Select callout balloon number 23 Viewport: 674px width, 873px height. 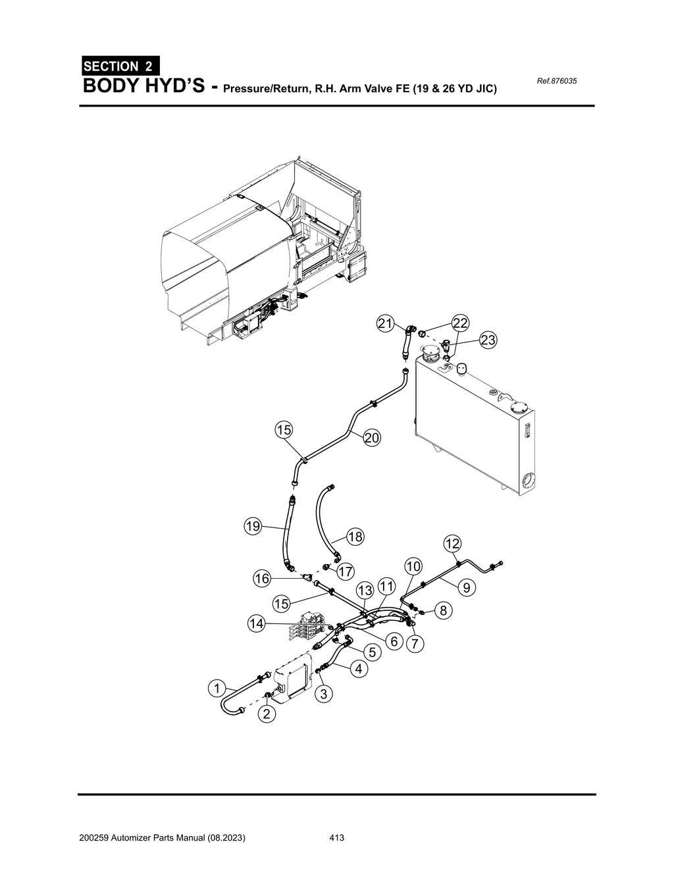click(x=488, y=340)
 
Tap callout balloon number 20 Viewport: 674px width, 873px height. click(x=372, y=437)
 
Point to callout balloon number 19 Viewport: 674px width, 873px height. click(x=253, y=526)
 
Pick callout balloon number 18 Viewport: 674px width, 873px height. click(x=355, y=537)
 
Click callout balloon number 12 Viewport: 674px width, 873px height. click(x=452, y=543)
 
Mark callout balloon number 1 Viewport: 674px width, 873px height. click(x=215, y=689)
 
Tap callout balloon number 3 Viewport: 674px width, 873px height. click(x=323, y=693)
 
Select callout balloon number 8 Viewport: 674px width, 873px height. click(x=444, y=610)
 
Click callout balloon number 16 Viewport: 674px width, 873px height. click(x=262, y=578)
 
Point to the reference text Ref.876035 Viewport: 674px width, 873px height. click(x=557, y=81)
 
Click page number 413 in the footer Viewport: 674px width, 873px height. click(x=337, y=838)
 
